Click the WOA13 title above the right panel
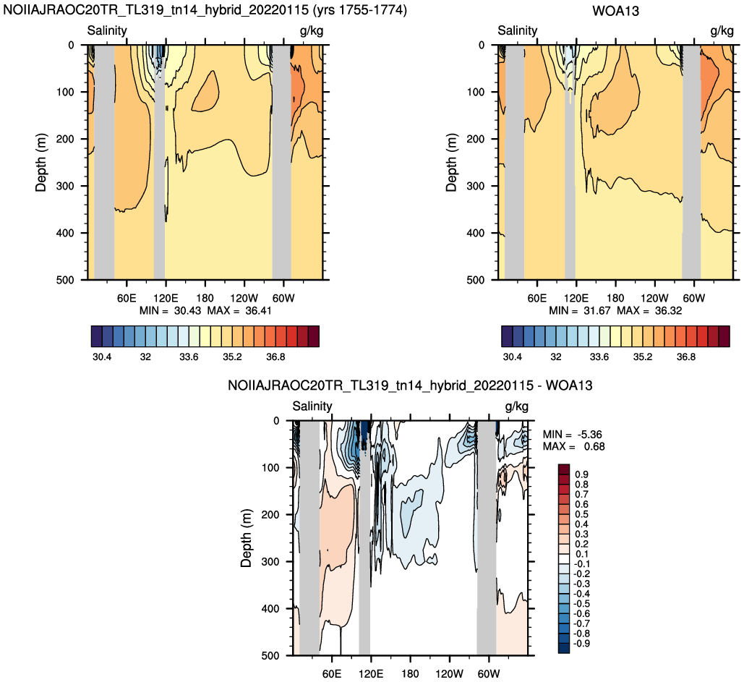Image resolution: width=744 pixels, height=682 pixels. click(615, 10)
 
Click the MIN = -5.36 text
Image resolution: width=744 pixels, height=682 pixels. click(573, 435)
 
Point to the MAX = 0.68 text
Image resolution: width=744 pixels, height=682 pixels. click(573, 447)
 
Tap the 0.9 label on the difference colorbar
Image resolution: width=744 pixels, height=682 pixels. click(582, 474)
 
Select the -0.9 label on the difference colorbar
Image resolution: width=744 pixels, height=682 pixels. click(582, 644)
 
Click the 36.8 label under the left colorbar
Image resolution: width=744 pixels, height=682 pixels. click(275, 357)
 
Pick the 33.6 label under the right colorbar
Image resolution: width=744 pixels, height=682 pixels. click(599, 357)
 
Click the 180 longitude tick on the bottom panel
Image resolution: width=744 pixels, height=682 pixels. click(410, 674)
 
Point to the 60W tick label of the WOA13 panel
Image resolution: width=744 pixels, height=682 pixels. click(693, 299)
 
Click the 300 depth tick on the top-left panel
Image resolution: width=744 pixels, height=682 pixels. click(66, 186)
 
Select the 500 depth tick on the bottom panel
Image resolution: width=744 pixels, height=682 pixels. click(270, 656)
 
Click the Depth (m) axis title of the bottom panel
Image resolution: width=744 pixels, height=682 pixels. click(246, 538)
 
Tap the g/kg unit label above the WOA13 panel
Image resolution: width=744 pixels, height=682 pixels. click(722, 31)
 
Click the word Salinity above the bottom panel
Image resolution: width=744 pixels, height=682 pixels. click(312, 406)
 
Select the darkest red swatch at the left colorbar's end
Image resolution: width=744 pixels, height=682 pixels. click(314, 336)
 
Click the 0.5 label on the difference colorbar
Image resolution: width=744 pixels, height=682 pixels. click(582, 514)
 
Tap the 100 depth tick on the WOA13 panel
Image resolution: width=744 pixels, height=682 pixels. click(476, 92)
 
